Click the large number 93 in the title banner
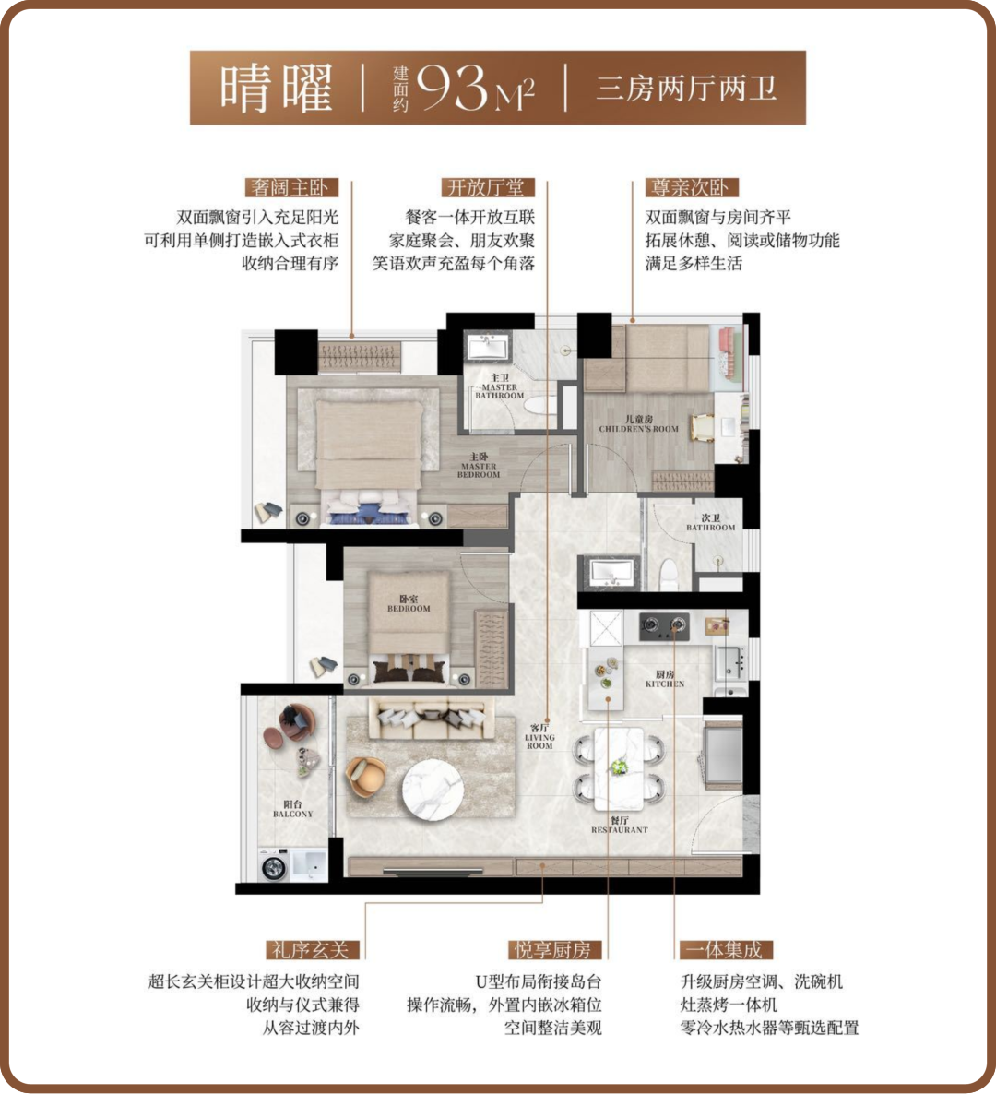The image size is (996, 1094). pos(451,88)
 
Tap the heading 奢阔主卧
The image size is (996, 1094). pos(292,187)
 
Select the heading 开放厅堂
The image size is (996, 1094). pos(488,187)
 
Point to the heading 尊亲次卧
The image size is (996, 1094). pos(691,187)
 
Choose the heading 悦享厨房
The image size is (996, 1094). pos(554,949)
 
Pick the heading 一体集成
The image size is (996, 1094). pos(726,949)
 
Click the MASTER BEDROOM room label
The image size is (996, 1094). pos(479,466)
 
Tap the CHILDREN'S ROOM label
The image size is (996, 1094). pos(639,424)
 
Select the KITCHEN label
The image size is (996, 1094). pos(665,679)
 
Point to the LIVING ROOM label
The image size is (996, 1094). pos(539,737)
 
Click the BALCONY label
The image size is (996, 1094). pos(293,809)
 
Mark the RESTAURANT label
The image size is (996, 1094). pos(620,826)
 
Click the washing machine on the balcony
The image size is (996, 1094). pos(273,866)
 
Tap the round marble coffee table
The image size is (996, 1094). pos(433,790)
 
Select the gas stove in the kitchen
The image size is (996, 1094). pos(665,625)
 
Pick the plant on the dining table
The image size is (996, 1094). pos(618,767)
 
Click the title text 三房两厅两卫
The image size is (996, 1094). pos(686,89)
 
